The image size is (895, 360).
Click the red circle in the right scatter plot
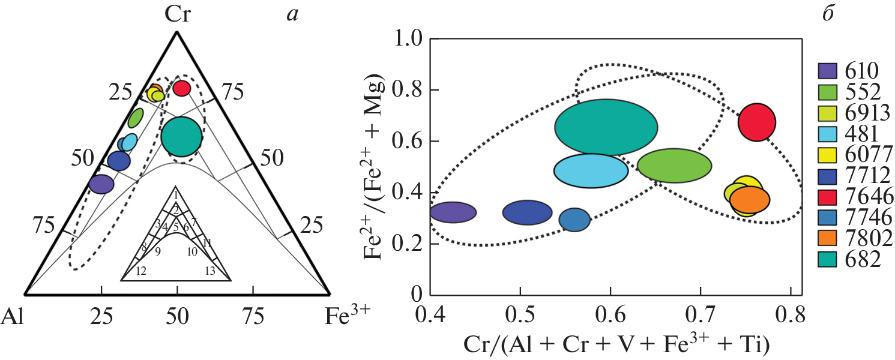coord(757,122)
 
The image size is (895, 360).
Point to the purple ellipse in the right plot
coord(453,212)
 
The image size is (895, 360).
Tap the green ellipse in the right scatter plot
coord(674,166)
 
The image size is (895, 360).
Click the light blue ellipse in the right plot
coord(591,170)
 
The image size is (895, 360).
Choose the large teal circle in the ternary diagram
coord(181,137)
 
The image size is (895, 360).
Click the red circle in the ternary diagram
coord(182,88)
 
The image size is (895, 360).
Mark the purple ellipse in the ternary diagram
coord(101,184)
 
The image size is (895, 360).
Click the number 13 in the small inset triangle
coord(209,271)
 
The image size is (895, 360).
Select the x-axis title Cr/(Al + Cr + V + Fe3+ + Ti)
coord(616,344)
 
